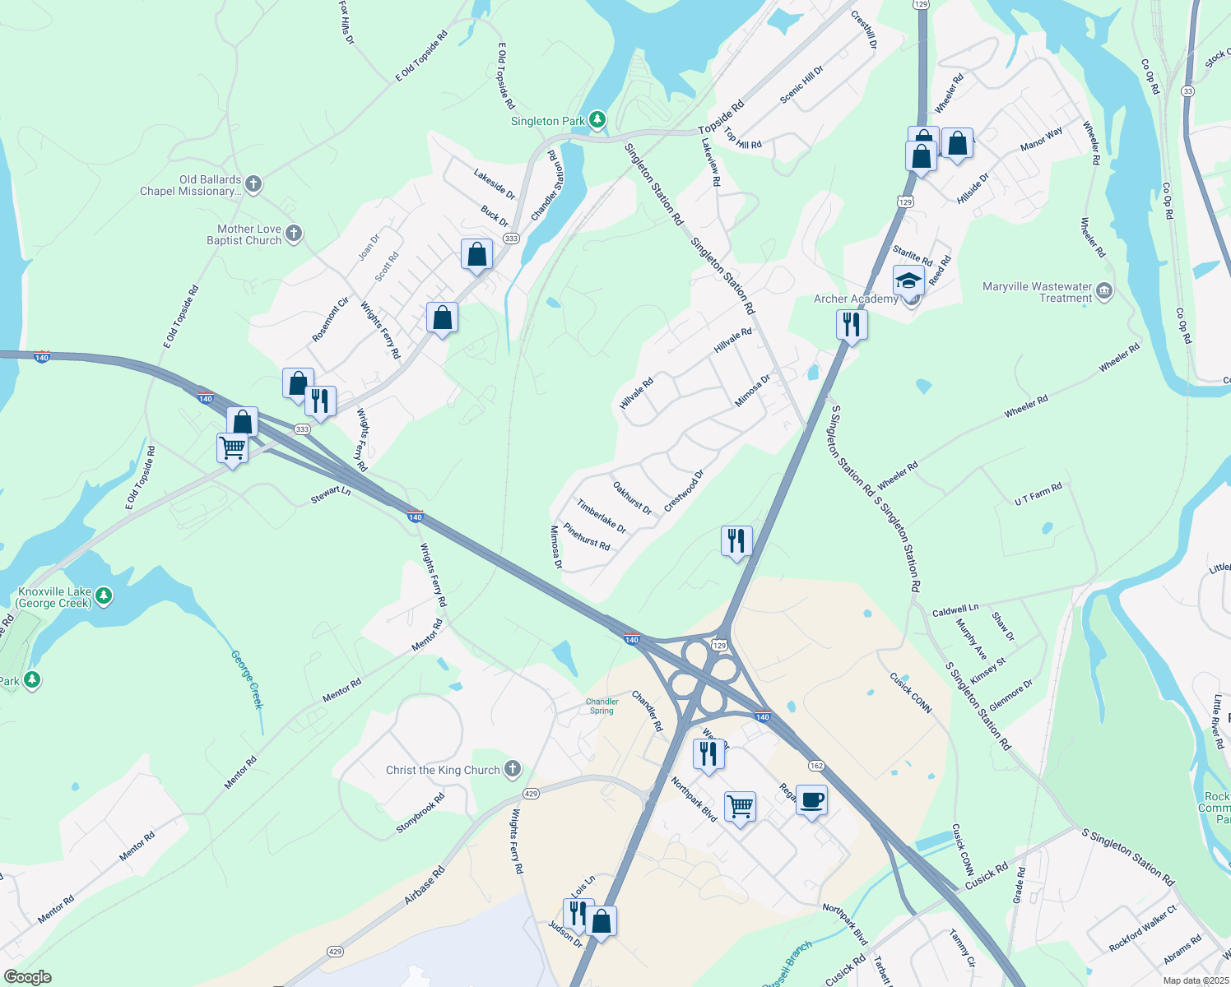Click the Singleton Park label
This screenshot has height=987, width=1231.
coord(547,121)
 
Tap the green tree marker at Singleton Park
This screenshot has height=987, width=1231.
coord(597,120)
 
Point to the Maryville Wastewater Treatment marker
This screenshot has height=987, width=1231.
coord(1104,290)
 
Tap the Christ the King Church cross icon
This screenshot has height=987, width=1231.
coord(512,769)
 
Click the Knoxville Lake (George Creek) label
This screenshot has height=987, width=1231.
coord(55,597)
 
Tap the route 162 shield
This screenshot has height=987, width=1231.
coord(815,765)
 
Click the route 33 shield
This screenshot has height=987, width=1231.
coord(1187,90)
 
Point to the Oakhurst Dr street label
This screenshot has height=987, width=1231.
coord(632,498)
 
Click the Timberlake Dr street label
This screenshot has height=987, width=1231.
coord(601,516)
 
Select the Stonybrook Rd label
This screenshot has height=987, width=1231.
coord(420,812)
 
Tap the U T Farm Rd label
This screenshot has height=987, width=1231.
coord(1038,493)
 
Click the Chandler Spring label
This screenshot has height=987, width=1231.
coord(602,706)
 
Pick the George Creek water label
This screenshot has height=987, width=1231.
coord(247,679)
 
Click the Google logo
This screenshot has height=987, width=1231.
coord(27,977)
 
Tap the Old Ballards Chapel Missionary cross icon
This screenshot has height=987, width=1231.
coord(253,184)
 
